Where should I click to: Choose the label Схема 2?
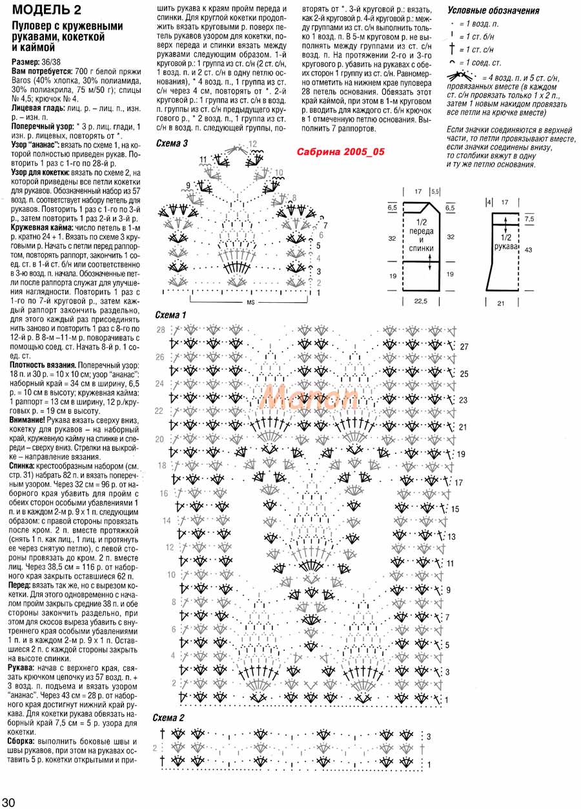coord(168,718)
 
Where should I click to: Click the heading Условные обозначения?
coord(493,11)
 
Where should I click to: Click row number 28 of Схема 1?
coord(161,330)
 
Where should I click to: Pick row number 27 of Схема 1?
coord(464,347)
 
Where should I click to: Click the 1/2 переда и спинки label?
coord(420,237)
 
